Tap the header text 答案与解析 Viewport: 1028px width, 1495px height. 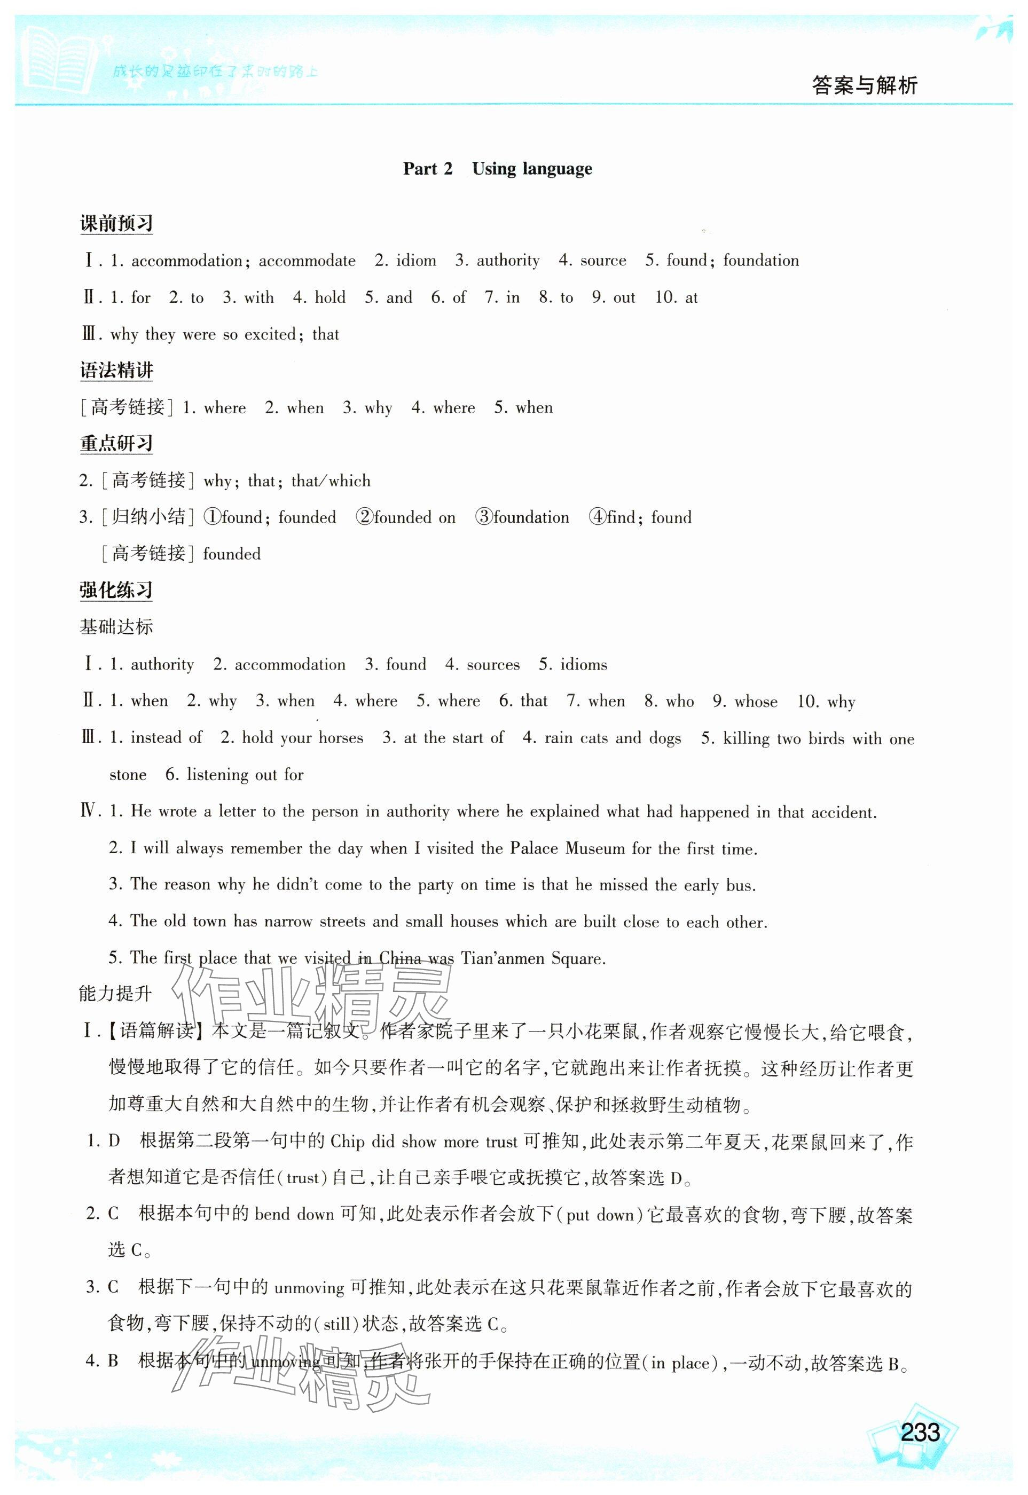click(x=865, y=85)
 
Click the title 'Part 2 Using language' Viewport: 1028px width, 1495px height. click(x=497, y=169)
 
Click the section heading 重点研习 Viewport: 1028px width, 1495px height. click(x=116, y=444)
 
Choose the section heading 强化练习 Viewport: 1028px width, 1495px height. click(x=116, y=591)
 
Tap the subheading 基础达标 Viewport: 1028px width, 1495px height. click(x=116, y=626)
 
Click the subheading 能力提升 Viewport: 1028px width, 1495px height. click(x=116, y=994)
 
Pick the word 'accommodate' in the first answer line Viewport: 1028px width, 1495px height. click(x=307, y=261)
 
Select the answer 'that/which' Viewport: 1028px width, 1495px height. click(x=331, y=481)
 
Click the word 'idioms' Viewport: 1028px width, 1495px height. click(x=584, y=664)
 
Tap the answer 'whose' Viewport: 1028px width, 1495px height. click(x=756, y=701)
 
